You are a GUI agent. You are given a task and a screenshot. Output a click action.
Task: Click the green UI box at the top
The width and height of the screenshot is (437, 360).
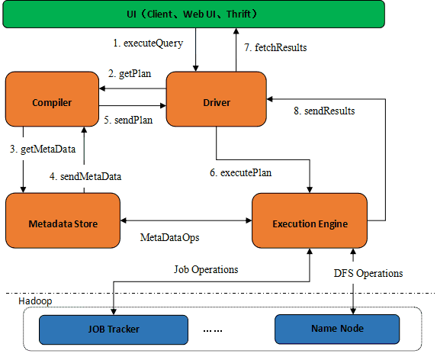(194, 14)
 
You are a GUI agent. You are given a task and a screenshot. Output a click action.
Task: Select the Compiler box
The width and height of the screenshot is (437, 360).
(52, 99)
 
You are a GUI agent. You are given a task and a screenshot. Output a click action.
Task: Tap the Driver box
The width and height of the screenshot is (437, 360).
(217, 99)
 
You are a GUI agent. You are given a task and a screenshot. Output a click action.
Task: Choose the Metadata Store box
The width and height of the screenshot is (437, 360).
(63, 220)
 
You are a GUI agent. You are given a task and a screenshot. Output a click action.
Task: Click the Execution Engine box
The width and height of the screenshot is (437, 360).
(310, 220)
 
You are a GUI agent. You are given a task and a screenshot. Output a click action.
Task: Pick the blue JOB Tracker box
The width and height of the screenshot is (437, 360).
(114, 329)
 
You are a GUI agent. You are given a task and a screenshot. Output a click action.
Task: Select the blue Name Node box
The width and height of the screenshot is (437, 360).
(337, 329)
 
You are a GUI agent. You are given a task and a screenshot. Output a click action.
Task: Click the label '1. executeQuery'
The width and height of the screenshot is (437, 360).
(148, 43)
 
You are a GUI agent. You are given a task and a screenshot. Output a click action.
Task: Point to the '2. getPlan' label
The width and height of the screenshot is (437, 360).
(130, 74)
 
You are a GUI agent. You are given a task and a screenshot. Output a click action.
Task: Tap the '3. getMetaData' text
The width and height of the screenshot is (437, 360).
(43, 149)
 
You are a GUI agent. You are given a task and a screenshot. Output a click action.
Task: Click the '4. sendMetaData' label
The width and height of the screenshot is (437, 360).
(85, 177)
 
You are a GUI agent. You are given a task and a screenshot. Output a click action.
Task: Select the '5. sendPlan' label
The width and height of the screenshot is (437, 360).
(128, 120)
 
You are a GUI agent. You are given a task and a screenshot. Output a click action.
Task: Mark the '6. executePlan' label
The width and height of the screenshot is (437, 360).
(241, 173)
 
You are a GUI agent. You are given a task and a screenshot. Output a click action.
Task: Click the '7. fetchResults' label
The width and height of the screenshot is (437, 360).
(275, 47)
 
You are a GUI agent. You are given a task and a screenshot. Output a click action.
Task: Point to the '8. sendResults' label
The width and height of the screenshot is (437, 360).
(324, 111)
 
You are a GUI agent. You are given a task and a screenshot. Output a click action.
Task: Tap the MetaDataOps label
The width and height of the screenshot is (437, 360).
(170, 238)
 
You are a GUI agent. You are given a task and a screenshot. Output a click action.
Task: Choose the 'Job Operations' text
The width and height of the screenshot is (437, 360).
(206, 270)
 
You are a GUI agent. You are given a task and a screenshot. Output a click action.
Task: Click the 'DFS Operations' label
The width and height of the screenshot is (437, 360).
(368, 274)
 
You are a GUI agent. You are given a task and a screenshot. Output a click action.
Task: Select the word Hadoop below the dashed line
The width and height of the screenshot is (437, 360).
(35, 301)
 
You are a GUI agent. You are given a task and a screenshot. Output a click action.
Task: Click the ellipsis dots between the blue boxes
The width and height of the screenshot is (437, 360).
(213, 331)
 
